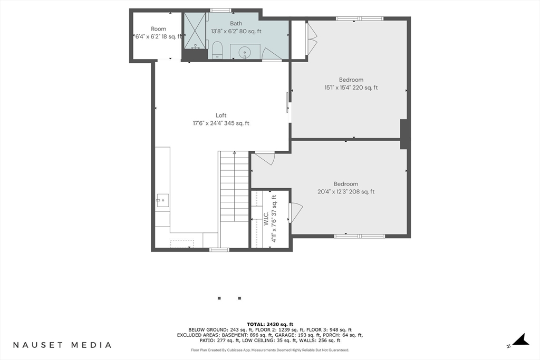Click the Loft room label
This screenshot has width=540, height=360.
(x=221, y=115)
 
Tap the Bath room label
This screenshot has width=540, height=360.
(x=236, y=23)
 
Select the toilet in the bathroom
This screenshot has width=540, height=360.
(x=217, y=50)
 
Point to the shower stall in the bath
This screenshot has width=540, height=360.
(x=195, y=31)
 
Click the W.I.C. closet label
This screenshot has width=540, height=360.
(x=266, y=219)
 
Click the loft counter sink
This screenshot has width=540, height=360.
(x=162, y=200)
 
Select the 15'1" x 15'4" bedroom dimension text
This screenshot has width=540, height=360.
(x=351, y=88)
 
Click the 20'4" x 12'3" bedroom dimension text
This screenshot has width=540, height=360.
(x=346, y=192)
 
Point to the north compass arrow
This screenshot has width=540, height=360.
(x=520, y=339)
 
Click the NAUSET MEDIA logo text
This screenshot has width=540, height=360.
(x=62, y=345)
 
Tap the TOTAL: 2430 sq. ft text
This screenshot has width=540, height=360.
(x=270, y=324)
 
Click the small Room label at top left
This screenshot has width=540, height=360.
(x=158, y=29)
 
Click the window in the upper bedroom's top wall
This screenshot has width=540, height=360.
(x=360, y=18)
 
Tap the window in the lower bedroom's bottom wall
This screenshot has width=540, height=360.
(x=360, y=236)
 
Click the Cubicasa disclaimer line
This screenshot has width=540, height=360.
(x=270, y=350)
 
